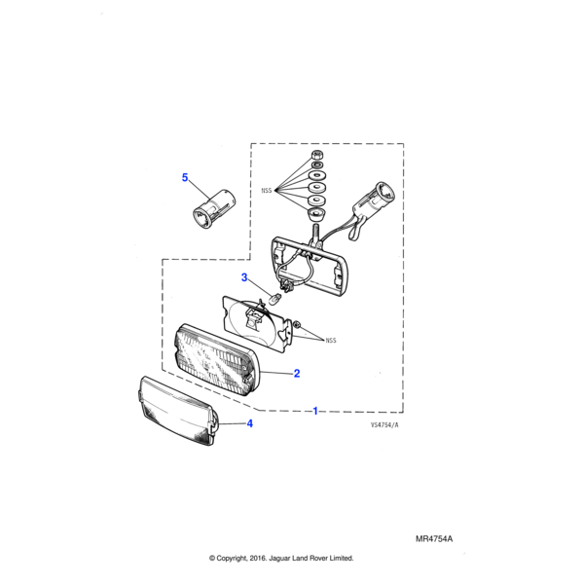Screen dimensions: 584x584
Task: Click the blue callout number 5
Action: (185, 178)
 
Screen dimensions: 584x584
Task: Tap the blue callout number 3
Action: (244, 277)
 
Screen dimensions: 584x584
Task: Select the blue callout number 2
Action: (297, 373)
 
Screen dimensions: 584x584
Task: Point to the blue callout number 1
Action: (315, 411)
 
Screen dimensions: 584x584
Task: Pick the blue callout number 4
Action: (250, 423)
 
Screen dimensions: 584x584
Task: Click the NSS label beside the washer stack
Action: (267, 191)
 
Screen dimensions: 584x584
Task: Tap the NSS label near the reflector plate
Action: (331, 341)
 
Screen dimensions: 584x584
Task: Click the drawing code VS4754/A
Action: (384, 425)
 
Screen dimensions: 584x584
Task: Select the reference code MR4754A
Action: (434, 539)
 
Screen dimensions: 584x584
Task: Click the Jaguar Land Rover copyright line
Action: (281, 559)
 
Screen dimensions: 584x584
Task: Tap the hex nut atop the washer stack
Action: (317, 154)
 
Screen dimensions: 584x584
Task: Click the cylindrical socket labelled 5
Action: (214, 208)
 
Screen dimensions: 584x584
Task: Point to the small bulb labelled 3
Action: (275, 299)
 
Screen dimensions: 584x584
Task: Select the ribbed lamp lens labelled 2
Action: (217, 360)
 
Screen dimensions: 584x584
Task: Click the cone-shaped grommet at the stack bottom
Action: (317, 214)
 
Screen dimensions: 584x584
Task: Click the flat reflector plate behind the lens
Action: (256, 324)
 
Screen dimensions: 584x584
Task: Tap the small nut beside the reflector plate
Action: (297, 325)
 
